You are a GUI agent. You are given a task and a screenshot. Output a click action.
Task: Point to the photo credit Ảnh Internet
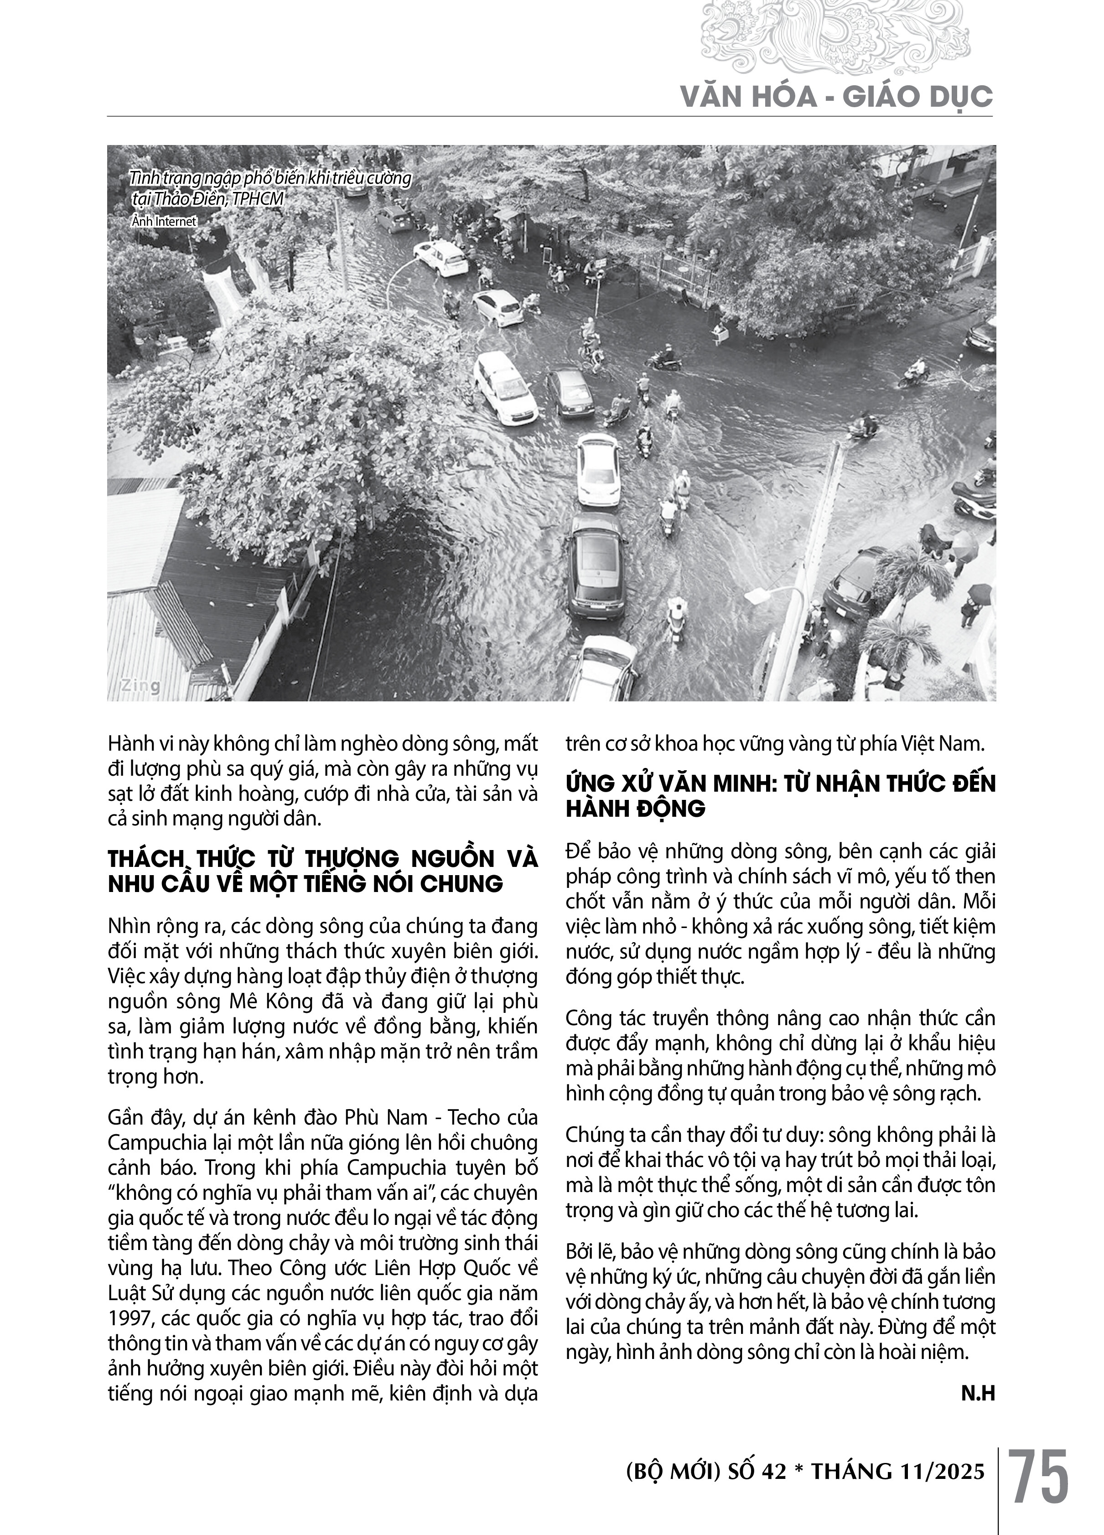163,221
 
